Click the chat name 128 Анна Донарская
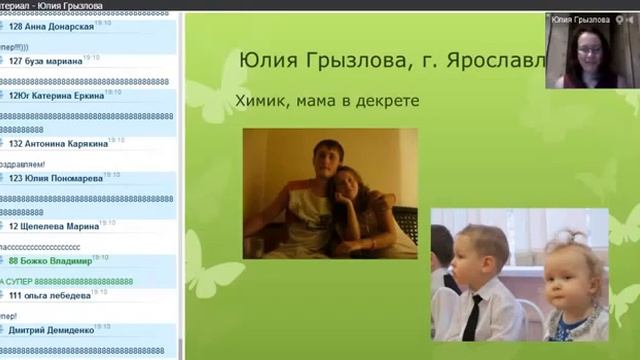51,27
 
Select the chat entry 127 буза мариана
45,61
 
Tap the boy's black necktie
470,316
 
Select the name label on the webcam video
580,19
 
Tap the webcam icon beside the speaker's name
622,19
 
